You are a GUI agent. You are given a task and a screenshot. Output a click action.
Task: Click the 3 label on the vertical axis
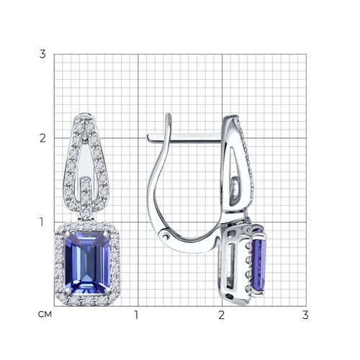42,54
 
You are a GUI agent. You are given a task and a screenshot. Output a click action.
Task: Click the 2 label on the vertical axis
42,138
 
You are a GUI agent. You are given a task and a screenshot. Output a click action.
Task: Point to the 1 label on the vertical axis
42,222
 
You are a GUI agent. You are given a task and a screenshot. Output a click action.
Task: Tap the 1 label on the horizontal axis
136,315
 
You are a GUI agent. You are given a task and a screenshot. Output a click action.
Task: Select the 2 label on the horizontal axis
222,315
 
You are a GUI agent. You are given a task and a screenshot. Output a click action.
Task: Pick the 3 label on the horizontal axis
305,315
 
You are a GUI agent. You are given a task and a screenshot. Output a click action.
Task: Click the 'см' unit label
45,315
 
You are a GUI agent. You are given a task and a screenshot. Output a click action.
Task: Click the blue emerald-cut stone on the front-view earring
87,263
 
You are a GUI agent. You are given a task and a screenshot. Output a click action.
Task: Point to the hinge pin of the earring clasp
165,237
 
